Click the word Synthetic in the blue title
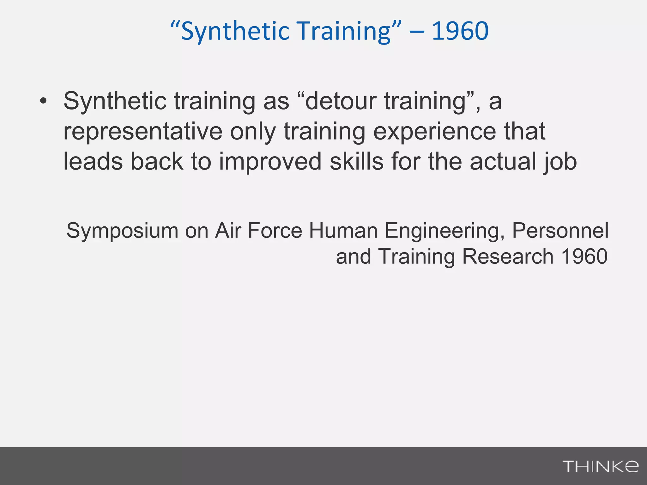(x=235, y=32)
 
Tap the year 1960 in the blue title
(x=460, y=31)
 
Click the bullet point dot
(x=43, y=101)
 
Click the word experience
(x=435, y=132)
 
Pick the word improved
(x=270, y=162)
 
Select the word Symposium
(x=122, y=231)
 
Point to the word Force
(x=275, y=231)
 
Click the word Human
(x=343, y=231)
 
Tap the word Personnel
(x=560, y=231)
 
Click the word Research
(x=508, y=256)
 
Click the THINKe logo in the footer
(x=600, y=466)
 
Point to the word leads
(x=93, y=162)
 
